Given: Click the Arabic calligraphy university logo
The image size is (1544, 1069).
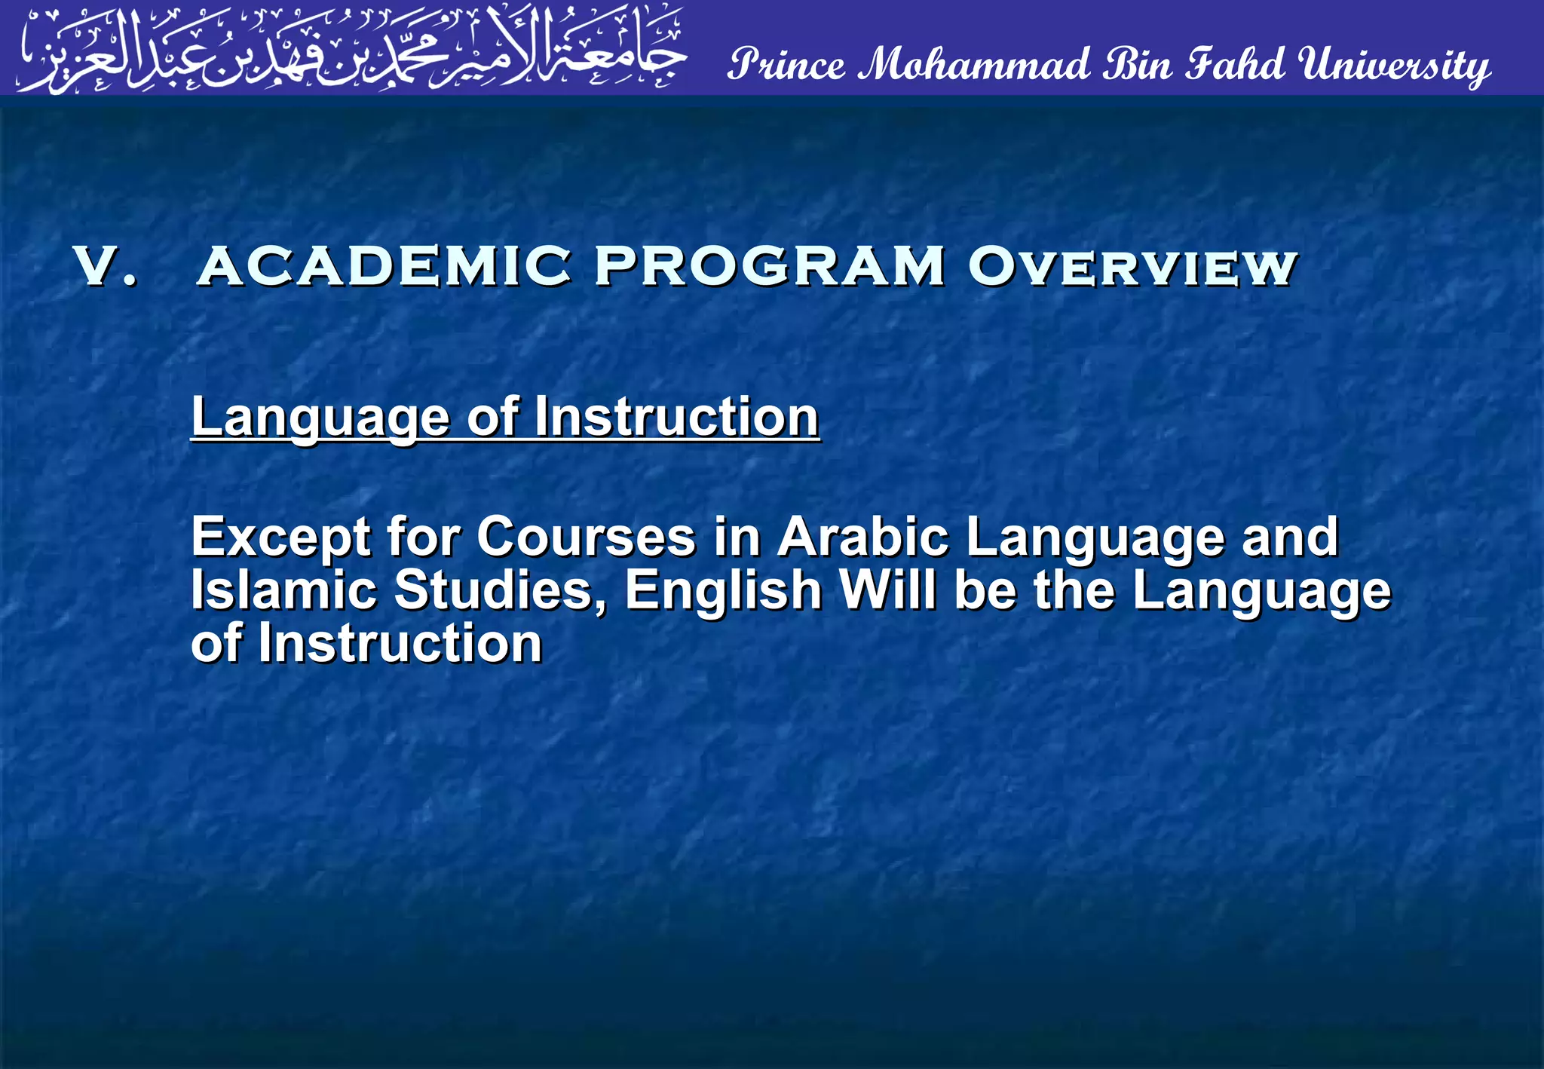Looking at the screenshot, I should pos(352,49).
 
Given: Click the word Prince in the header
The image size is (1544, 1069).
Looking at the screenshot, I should pos(786,64).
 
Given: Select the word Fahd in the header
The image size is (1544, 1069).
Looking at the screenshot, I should pos(1235,64).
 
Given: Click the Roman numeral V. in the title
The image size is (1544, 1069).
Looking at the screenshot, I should pos(106,267).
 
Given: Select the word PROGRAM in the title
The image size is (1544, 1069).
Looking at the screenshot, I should pos(769,267).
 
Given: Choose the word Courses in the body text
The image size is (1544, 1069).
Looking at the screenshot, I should pos(586,537).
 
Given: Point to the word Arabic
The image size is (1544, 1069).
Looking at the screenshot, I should pos(862,537).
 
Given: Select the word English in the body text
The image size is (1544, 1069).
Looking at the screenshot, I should pos(723,591).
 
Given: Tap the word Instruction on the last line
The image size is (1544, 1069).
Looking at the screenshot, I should pos(400,644).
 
